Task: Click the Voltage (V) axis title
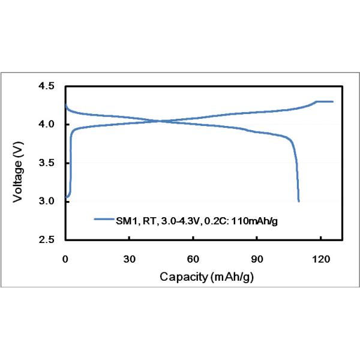click(19, 163)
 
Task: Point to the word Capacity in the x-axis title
click(181, 277)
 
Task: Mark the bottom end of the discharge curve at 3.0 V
click(298, 200)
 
